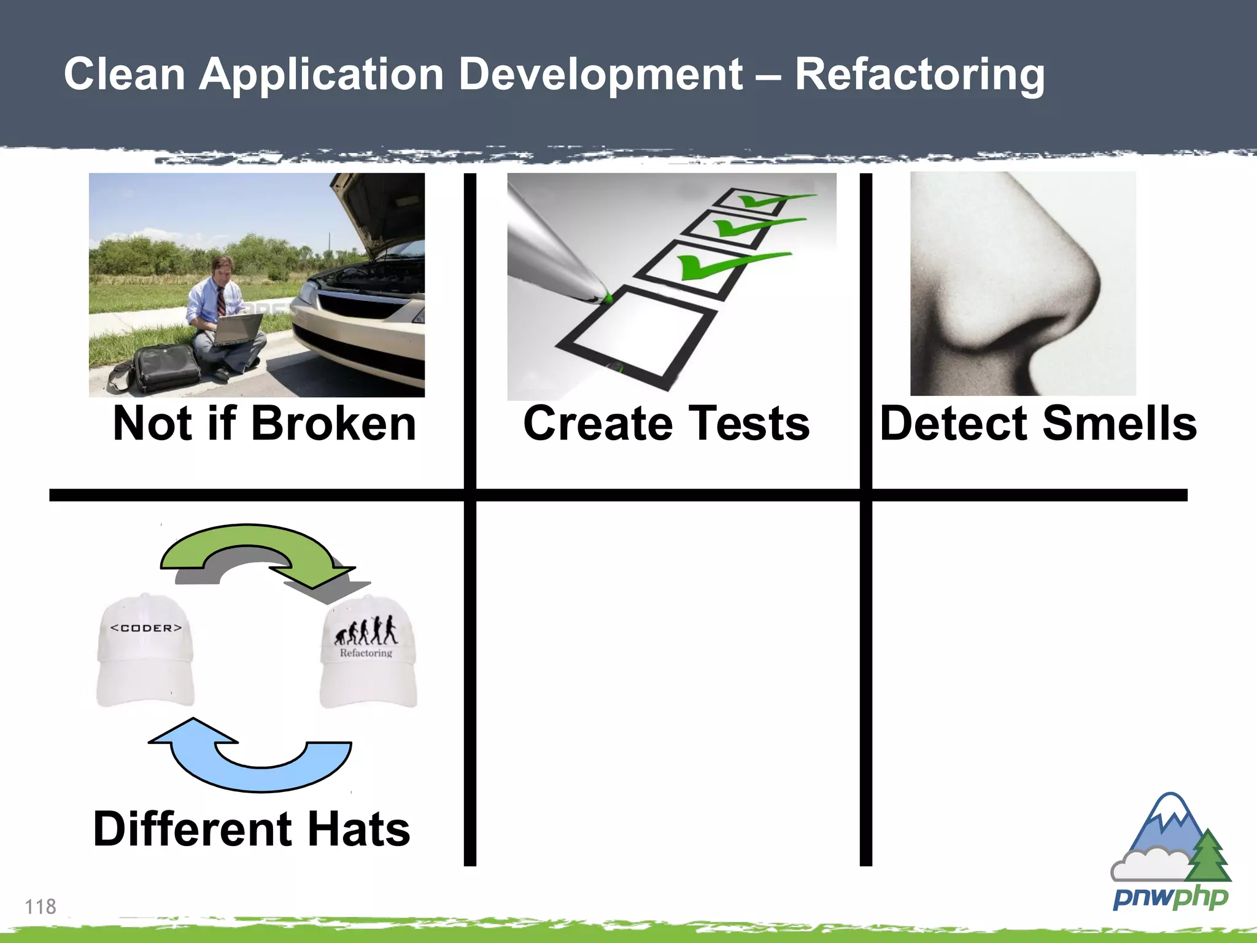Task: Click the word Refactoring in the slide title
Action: [919, 75]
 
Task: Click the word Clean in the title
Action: [125, 75]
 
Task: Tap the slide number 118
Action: [41, 906]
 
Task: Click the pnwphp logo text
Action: [1170, 898]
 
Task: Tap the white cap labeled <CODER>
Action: [145, 651]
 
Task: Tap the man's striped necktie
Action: [221, 301]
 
